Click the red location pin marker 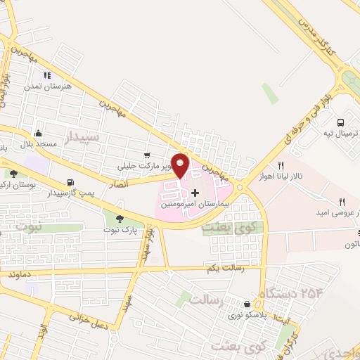(181, 165)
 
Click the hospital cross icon (195, 192)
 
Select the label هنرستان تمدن (47, 86)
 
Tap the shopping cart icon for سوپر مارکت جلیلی (147, 155)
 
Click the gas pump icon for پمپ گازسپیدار (69, 182)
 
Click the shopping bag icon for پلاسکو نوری (247, 304)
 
